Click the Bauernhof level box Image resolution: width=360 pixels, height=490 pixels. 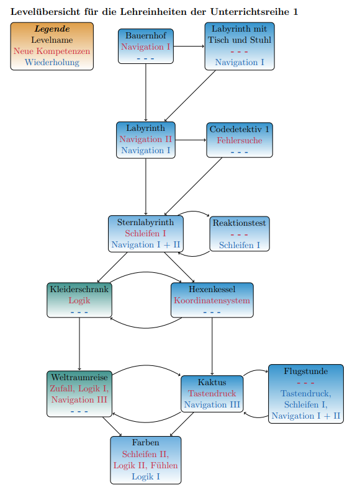[x=146, y=47]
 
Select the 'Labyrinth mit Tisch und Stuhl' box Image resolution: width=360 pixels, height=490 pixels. [x=240, y=47]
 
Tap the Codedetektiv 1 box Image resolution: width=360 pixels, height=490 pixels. [x=240, y=140]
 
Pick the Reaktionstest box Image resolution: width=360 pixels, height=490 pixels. [x=240, y=234]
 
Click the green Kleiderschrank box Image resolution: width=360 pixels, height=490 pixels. [x=79, y=300]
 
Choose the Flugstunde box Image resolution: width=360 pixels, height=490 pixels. [x=306, y=394]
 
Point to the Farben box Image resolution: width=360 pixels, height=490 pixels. [x=146, y=460]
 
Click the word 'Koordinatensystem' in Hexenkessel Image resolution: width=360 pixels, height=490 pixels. [x=212, y=300]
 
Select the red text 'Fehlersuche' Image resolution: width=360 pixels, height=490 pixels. [x=240, y=140]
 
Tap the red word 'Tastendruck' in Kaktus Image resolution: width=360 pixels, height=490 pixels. [x=212, y=393]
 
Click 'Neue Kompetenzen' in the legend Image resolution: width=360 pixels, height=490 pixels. [x=52, y=51]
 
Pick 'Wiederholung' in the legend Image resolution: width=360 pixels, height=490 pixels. [x=52, y=62]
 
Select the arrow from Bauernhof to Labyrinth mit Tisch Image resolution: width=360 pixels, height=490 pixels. [x=189, y=47]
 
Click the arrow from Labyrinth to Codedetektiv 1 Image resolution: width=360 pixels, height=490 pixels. [x=191, y=140]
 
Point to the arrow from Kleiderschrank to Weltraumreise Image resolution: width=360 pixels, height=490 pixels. [x=79, y=344]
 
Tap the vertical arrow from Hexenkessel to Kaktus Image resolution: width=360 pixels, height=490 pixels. [x=212, y=347]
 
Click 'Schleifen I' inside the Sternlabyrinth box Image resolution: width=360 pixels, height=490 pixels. [x=145, y=233]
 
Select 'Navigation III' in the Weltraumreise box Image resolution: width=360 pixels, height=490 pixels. [x=79, y=399]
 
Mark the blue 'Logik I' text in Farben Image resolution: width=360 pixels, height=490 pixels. [x=146, y=476]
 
